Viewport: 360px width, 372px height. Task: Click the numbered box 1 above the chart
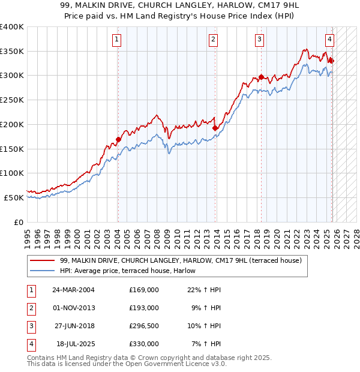(x=116, y=40)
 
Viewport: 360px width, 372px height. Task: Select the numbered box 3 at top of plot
(x=259, y=40)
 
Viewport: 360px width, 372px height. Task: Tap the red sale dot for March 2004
(x=118, y=140)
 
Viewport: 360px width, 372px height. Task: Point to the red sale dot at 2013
(x=215, y=128)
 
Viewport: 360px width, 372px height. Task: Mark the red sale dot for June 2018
(x=261, y=77)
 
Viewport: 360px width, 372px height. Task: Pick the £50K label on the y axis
(x=14, y=197)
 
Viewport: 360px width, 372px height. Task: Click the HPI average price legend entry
(x=131, y=271)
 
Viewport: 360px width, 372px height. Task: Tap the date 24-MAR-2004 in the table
(x=73, y=290)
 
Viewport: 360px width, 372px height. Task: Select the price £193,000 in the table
(x=143, y=308)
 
